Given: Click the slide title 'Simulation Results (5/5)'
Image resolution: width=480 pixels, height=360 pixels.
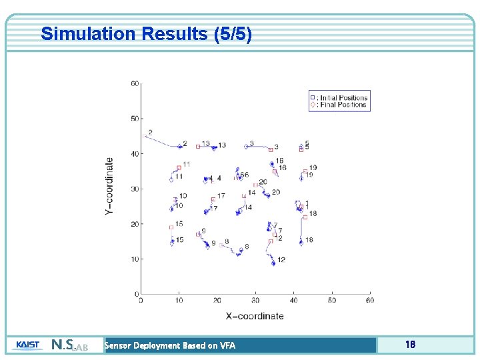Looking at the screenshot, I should (146, 34).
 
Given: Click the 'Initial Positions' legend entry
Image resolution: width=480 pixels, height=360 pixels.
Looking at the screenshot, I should (342, 97).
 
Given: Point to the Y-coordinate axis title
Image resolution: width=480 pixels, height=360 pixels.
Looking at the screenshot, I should (109, 185).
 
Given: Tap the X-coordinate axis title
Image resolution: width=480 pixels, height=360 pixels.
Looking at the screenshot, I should (255, 315).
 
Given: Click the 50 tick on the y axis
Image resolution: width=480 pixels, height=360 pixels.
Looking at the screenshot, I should (135, 119).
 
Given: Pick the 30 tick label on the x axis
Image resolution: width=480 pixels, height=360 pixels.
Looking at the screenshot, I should (255, 300).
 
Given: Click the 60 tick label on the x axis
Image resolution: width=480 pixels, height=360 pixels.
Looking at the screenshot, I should (369, 300).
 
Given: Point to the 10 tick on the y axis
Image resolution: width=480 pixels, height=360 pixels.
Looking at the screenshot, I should (135, 259).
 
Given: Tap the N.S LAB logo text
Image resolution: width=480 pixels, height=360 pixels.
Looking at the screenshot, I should (69, 345).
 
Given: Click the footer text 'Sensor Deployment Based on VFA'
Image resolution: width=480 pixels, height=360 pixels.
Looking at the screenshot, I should (170, 345).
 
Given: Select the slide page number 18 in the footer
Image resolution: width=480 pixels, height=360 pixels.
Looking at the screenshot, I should (410, 345).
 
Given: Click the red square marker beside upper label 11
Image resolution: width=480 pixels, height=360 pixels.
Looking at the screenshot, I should (179, 168).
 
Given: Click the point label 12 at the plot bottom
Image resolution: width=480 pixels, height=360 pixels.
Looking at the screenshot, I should (281, 259).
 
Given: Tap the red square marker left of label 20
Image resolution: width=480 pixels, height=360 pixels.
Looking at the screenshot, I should (255, 185).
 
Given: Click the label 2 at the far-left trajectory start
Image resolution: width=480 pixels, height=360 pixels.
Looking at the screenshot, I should (150, 133).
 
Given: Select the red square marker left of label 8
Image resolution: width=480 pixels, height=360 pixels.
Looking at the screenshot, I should (221, 245).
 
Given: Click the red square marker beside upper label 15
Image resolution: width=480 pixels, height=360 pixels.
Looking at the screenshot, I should (171, 227).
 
